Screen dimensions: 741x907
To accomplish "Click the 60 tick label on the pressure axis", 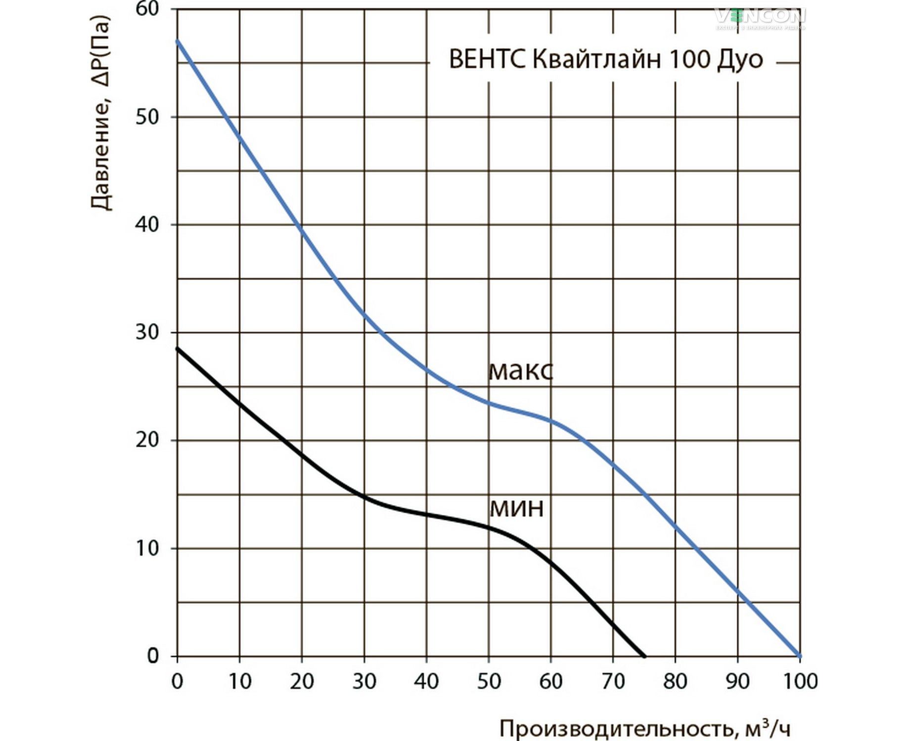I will coord(147,10).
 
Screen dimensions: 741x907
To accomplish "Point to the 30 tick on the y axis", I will coord(147,332).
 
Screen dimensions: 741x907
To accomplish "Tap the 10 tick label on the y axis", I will coord(147,548).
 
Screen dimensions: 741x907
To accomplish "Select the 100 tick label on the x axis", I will coord(800,682).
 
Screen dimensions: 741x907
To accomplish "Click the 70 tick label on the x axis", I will coord(613,682).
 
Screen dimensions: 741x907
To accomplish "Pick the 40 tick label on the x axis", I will coord(426,682).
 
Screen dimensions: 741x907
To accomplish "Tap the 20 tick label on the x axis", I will coord(302,682).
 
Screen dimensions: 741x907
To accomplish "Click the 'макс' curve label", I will coord(520,371).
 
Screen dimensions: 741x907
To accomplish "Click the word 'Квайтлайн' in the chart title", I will coord(597,59).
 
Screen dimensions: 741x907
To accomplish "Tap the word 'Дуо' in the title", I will coord(739,59).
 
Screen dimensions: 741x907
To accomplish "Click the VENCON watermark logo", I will coord(760,17).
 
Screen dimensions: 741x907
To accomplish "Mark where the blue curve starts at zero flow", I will coord(178,41).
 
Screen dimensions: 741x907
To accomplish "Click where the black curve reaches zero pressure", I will coord(644,656).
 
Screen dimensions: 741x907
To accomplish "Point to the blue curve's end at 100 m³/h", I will coord(800,656).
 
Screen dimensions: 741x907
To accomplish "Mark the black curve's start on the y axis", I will coord(178,349).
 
